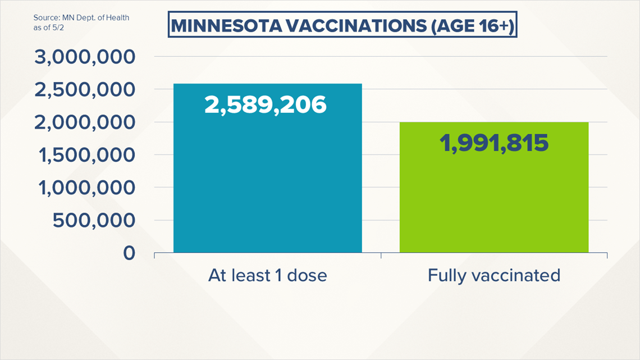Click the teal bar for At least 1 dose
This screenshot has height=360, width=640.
(267, 168)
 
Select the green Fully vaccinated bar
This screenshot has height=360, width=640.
(494, 187)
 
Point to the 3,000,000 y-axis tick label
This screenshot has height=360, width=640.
(84, 57)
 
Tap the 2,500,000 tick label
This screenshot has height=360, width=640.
(84, 90)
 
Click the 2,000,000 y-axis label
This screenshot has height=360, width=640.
(84, 122)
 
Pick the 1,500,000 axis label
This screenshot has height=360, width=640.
(86, 155)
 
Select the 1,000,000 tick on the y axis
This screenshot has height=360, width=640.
(86, 188)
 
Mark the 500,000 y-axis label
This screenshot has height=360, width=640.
(94, 220)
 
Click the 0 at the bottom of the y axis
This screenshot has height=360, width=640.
(129, 253)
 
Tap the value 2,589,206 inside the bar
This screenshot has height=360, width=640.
(266, 104)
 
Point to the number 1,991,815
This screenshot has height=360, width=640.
(494, 143)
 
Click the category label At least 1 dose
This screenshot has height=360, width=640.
(267, 276)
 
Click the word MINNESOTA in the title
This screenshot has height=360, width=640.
(227, 26)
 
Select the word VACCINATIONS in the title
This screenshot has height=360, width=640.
(356, 26)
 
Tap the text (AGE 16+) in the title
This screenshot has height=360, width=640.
(472, 26)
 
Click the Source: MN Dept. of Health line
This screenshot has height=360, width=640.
(81, 18)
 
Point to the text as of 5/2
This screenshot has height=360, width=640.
(49, 28)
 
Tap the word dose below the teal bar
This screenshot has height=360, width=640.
(307, 276)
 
